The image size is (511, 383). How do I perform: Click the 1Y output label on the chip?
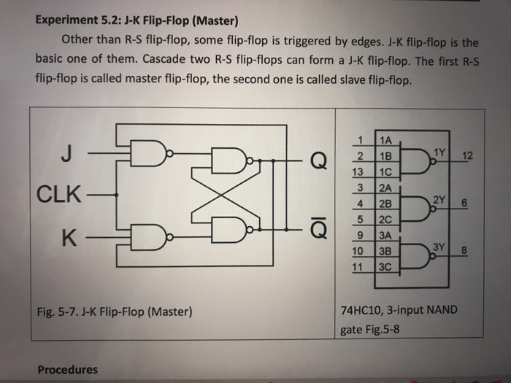point(439,151)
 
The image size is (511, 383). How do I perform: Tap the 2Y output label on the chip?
point(439,198)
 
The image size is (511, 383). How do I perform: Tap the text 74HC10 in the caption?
point(361,309)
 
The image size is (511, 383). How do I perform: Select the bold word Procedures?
point(67,369)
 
